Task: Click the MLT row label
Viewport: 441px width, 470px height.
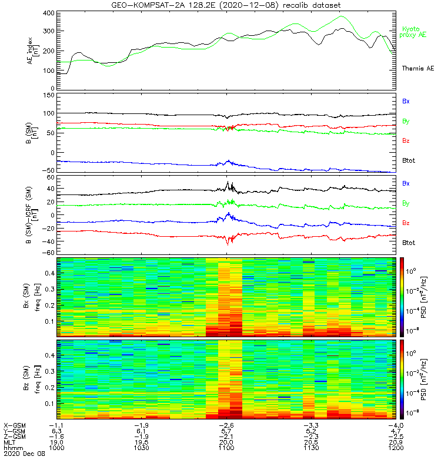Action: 9,443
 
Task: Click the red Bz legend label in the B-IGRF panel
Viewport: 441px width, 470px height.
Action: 406,223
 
